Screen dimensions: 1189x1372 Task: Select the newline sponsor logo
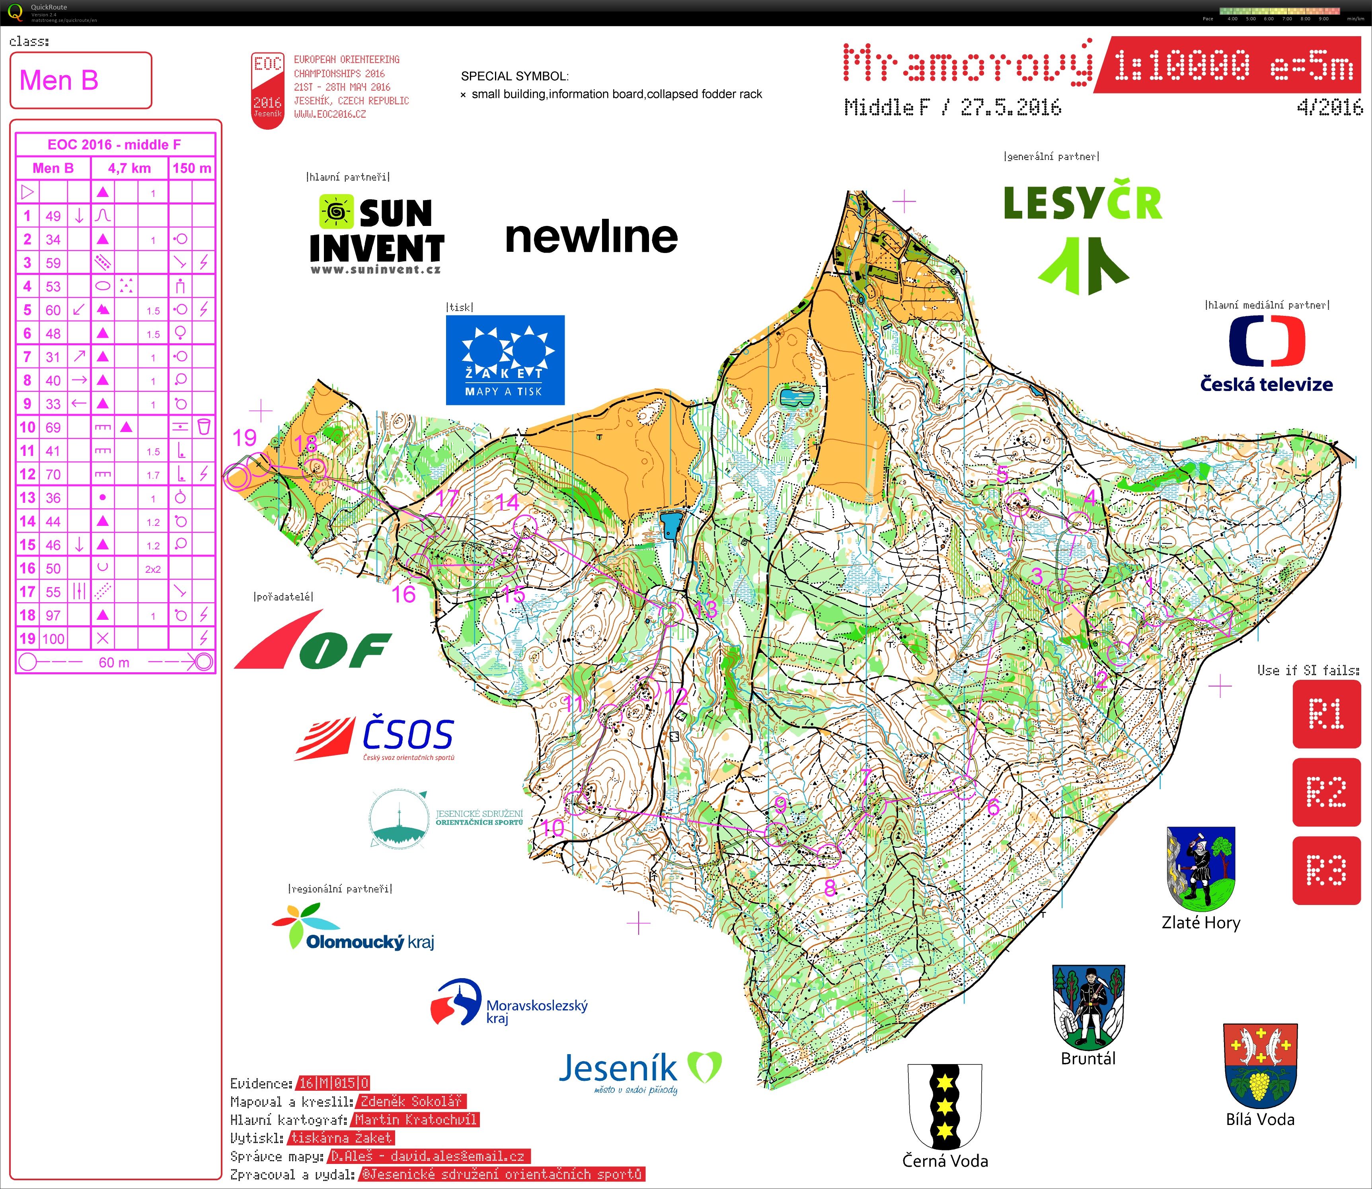[x=591, y=237]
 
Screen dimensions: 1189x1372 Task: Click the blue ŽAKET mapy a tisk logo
[x=505, y=360]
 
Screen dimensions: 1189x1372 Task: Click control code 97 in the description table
[x=53, y=615]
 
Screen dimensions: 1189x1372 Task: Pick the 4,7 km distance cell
[x=129, y=168]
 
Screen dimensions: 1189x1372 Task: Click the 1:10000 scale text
[x=1181, y=66]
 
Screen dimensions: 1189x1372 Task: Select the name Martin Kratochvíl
[x=415, y=1119]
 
